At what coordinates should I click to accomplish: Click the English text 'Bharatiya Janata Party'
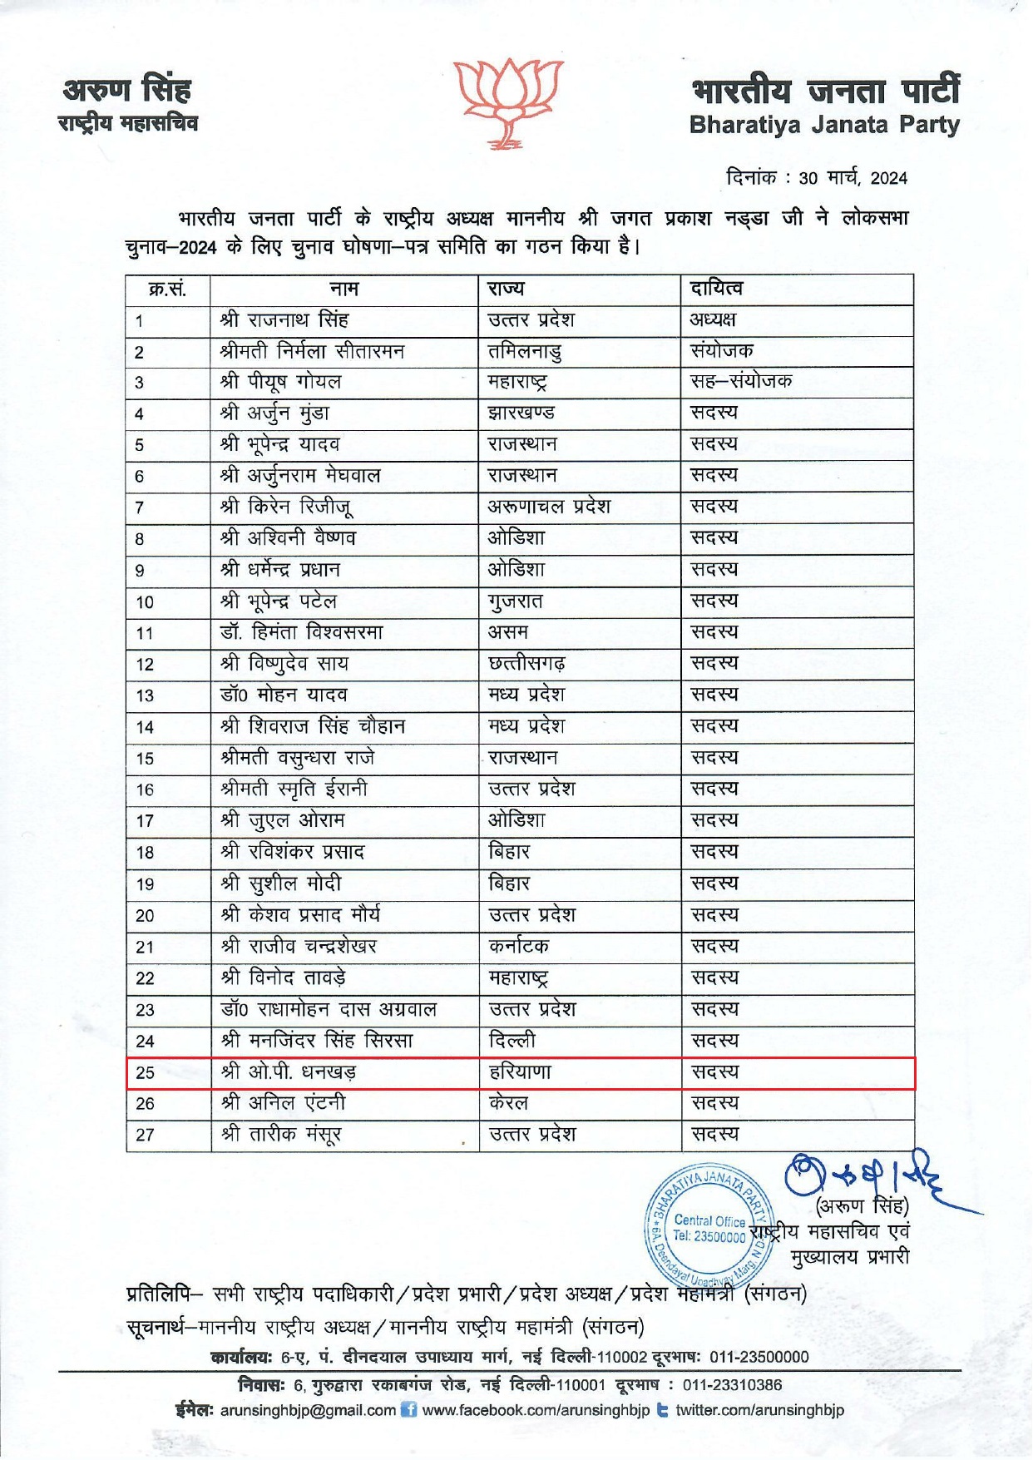tap(823, 126)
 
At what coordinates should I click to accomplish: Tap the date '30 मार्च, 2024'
tap(853, 178)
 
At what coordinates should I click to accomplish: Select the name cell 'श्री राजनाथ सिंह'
tap(284, 320)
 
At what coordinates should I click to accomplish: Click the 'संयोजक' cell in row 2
tap(721, 351)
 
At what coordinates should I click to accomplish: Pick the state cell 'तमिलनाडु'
tap(524, 352)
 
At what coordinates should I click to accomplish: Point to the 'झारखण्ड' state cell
tap(521, 413)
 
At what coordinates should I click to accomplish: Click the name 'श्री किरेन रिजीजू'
tap(290, 507)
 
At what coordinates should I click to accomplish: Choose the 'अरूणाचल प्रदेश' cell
tap(549, 507)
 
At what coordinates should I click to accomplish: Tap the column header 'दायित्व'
tap(716, 290)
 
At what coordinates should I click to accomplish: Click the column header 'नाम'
tap(344, 290)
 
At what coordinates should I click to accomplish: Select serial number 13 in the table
tap(145, 695)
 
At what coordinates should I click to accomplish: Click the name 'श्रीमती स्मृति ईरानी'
tap(294, 789)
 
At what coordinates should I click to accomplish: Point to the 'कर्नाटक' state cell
tap(518, 946)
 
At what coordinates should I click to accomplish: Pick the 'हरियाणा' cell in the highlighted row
tap(520, 1072)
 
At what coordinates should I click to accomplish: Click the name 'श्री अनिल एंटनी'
tap(284, 1103)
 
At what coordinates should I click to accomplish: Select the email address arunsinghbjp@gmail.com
tap(308, 1410)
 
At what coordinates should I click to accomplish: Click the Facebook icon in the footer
tap(408, 1410)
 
